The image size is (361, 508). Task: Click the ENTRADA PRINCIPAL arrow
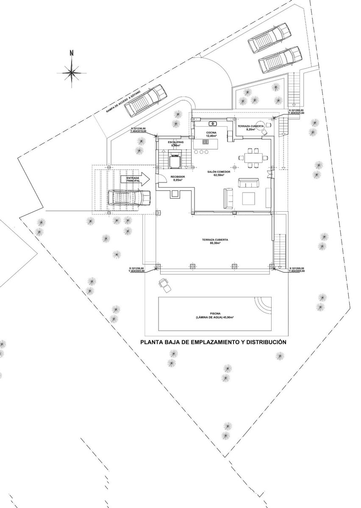click(134, 179)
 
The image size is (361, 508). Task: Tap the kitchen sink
click(213, 124)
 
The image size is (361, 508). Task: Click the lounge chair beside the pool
click(165, 285)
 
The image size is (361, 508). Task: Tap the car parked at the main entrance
click(129, 197)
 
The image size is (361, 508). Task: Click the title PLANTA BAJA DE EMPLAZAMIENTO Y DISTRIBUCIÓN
click(213, 342)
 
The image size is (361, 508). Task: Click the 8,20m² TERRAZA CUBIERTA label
click(251, 127)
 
